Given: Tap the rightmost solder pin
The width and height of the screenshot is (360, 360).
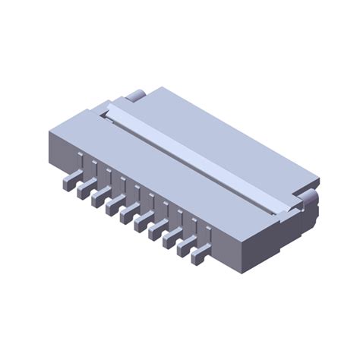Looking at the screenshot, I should coord(200,256).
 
